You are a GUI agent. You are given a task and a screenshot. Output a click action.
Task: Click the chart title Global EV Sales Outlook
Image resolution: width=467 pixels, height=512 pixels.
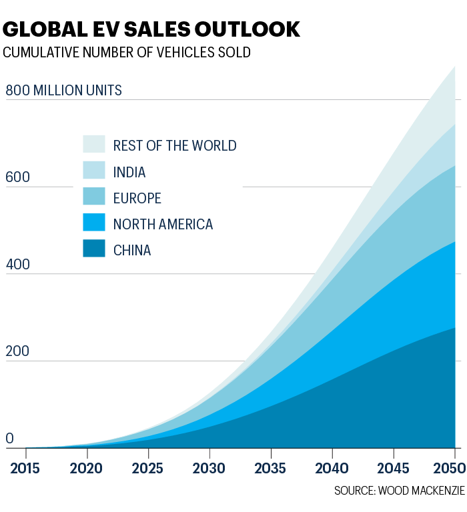point(151,29)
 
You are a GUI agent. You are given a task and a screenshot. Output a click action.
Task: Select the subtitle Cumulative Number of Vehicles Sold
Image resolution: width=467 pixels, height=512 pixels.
point(127,53)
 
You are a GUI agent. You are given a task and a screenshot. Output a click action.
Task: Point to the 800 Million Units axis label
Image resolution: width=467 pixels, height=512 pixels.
point(64,90)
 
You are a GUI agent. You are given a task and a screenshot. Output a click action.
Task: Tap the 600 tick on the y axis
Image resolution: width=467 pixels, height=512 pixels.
point(18,177)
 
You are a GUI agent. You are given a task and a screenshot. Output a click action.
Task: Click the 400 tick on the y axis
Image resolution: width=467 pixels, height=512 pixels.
point(18,264)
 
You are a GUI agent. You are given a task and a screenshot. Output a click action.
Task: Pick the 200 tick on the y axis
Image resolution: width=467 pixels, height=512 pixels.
point(18,351)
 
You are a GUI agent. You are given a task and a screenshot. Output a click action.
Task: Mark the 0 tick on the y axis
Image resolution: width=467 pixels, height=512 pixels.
point(10,438)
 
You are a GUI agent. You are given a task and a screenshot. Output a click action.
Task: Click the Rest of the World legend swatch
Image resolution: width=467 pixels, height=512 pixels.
point(94,145)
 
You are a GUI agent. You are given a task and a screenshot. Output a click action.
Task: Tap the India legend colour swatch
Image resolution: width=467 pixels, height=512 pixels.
point(94,171)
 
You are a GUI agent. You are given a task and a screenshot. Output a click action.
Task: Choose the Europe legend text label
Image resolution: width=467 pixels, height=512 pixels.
point(137,198)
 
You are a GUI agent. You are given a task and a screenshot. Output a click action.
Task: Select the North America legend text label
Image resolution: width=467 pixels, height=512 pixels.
point(163,224)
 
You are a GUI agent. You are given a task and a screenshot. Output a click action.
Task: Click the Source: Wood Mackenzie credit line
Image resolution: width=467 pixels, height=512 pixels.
point(399,491)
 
